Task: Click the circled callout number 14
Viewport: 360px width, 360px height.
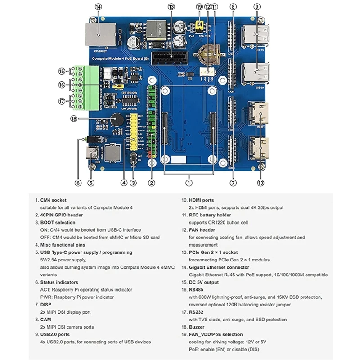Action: [x=98, y=7]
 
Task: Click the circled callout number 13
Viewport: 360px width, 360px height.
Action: [x=171, y=7]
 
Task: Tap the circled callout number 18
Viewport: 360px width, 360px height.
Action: [x=74, y=118]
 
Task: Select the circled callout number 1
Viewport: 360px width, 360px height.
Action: [x=189, y=183]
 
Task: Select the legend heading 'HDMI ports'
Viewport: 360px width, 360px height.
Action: [x=202, y=200]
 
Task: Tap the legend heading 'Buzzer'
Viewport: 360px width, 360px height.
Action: [x=198, y=327]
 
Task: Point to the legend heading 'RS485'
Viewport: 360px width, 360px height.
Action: [x=197, y=290]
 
